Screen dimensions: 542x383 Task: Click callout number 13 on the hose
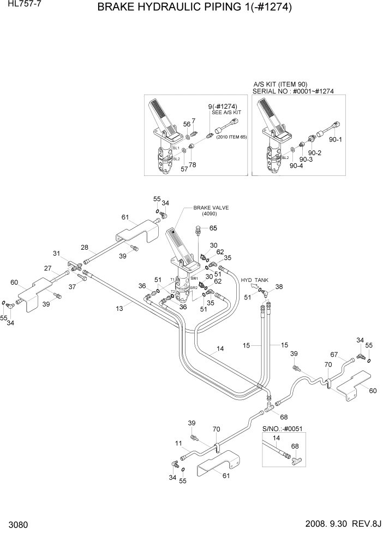[119, 309]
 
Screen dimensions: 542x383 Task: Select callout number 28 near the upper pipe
[85, 248]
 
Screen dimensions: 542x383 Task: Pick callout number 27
[47, 268]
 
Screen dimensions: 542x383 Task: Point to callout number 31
[56, 253]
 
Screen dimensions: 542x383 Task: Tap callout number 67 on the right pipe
[334, 355]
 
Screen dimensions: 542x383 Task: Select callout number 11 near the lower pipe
[178, 444]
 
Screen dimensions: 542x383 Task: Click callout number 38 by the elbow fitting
[279, 286]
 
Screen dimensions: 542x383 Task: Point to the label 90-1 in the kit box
[336, 139]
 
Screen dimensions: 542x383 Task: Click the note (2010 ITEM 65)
[231, 137]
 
